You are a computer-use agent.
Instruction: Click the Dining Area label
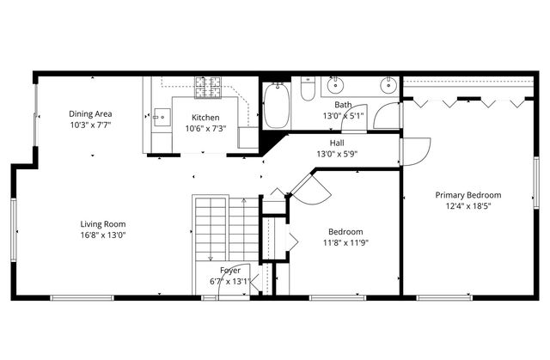pyautogui.click(x=90, y=113)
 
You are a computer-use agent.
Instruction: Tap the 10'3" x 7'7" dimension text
pyautogui.click(x=90, y=125)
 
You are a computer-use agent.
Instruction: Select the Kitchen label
pyautogui.click(x=205, y=118)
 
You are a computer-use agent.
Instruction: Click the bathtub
pyautogui.click(x=278, y=106)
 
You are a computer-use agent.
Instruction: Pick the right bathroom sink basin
pyautogui.click(x=389, y=84)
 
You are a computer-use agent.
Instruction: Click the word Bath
pyautogui.click(x=342, y=105)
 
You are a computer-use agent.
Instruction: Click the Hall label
pyautogui.click(x=338, y=143)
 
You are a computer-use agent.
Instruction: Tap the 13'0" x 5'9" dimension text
pyautogui.click(x=338, y=154)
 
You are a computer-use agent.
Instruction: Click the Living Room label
pyautogui.click(x=103, y=224)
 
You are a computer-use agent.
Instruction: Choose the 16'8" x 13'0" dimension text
pyautogui.click(x=103, y=235)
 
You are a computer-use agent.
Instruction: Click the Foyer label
pyautogui.click(x=230, y=270)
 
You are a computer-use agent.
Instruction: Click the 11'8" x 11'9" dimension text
pyautogui.click(x=345, y=243)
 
